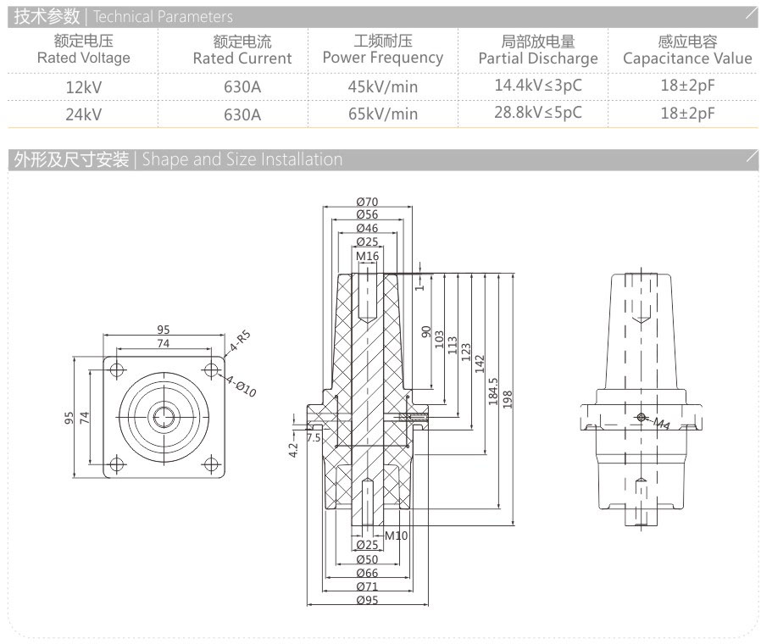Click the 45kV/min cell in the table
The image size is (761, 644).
pyautogui.click(x=382, y=86)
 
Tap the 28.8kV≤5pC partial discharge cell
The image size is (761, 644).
pyautogui.click(x=537, y=113)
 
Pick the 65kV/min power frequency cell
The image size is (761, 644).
pyautogui.click(x=382, y=114)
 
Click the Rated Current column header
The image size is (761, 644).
pyautogui.click(x=242, y=50)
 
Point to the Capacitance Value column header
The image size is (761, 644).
pyautogui.click(x=686, y=50)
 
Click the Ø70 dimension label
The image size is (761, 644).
pyautogui.click(x=367, y=202)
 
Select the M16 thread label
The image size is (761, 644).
pyautogui.click(x=367, y=255)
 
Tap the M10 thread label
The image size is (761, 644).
pyautogui.click(x=396, y=536)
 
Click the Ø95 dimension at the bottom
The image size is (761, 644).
pyautogui.click(x=367, y=599)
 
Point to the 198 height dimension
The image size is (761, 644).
pyautogui.click(x=508, y=398)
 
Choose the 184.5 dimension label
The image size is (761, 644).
pyautogui.click(x=494, y=391)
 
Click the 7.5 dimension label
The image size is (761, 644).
pyautogui.click(x=314, y=438)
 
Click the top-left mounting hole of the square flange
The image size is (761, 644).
pyautogui.click(x=117, y=369)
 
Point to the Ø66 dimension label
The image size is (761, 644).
pyautogui.click(x=367, y=573)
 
